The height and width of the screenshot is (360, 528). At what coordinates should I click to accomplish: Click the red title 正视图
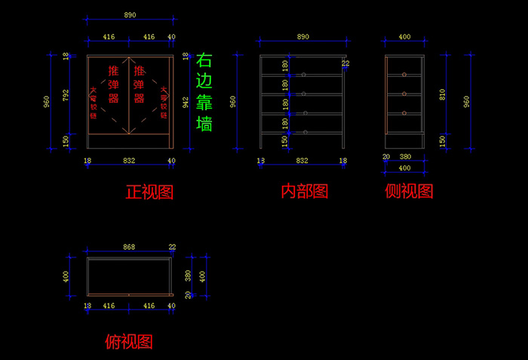coord(149,192)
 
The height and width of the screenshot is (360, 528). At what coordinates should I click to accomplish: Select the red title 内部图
coord(304,192)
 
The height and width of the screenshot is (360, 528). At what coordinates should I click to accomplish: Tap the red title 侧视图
coord(409,192)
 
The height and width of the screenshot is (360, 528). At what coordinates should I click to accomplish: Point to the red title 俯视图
coord(129,342)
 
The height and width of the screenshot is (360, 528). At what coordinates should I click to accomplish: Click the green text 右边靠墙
coord(204,92)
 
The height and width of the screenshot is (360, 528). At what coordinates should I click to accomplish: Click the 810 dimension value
coord(443,95)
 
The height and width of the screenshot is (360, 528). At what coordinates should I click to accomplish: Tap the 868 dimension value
coord(129,247)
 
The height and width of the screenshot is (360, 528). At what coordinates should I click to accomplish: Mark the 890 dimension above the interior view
coord(303,36)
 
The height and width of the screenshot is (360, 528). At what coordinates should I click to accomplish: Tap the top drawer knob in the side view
coord(404,75)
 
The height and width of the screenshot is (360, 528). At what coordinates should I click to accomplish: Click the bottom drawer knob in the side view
coord(404,113)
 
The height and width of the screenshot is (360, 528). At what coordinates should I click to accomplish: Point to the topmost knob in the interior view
coord(303,75)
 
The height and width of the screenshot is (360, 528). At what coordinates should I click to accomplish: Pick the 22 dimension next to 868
coord(172,247)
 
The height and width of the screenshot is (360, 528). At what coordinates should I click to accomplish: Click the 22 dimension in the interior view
coord(346,63)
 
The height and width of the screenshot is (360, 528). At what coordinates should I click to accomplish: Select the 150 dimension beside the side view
coord(443,140)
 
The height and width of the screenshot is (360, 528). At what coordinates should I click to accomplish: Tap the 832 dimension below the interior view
coord(302,161)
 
